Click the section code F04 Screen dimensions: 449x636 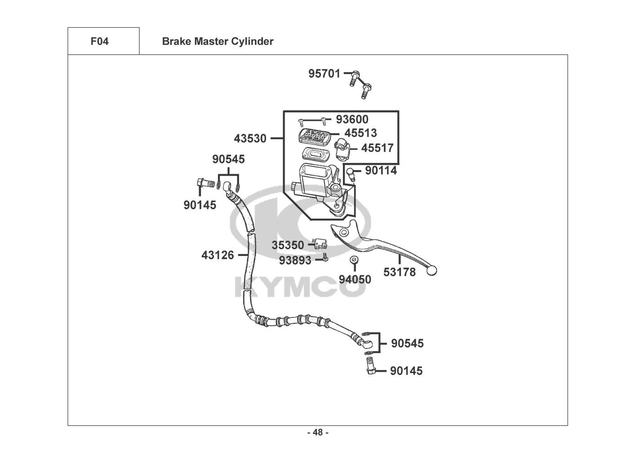point(99,42)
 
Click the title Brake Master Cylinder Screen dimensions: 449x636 point(218,42)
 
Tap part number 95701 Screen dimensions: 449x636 point(324,74)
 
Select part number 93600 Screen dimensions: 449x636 point(352,119)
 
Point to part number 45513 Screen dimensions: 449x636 point(360,133)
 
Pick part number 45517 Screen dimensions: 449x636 point(377,148)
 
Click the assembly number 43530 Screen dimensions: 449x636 point(250,139)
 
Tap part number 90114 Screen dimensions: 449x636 point(381,171)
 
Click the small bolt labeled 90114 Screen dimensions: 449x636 point(351,173)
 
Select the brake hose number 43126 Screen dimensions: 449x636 point(218,255)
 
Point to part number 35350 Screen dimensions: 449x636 point(288,245)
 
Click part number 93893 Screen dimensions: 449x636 point(295,260)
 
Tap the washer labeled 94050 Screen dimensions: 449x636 point(353,260)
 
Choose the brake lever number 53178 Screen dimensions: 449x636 point(399,272)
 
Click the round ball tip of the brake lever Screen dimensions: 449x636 point(432,270)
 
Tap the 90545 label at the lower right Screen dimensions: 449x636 point(407,343)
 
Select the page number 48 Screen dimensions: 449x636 point(318,432)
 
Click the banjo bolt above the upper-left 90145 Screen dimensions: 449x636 point(205,183)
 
